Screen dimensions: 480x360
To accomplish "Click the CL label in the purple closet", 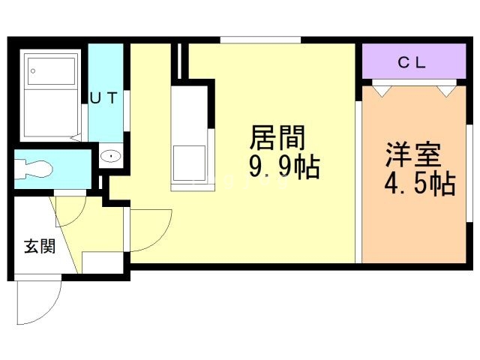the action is [x=412, y=63].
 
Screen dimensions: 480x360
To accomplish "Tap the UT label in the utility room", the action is [x=103, y=98].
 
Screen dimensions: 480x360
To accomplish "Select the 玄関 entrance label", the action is [x=40, y=246].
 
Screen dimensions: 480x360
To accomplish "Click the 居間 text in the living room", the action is [x=277, y=138].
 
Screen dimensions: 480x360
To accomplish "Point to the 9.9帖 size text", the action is [x=285, y=167].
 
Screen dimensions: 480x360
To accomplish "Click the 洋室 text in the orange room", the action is [x=413, y=155].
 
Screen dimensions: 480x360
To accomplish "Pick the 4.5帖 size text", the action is [x=420, y=184].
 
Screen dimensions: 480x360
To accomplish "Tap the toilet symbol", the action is [x=34, y=169].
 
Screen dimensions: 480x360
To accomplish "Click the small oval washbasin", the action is [x=110, y=157].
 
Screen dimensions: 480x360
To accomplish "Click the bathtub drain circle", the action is [x=33, y=71].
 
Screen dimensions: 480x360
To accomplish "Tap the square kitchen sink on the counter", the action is [x=190, y=163].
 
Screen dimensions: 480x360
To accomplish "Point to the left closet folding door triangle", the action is [x=382, y=91].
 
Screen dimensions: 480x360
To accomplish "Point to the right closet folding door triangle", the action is [x=447, y=91].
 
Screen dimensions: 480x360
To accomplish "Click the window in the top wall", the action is [x=260, y=40].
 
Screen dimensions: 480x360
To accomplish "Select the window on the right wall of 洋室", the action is [x=469, y=173].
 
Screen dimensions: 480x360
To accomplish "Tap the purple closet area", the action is [x=414, y=61].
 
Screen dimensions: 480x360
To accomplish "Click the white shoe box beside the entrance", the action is [x=103, y=262].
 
